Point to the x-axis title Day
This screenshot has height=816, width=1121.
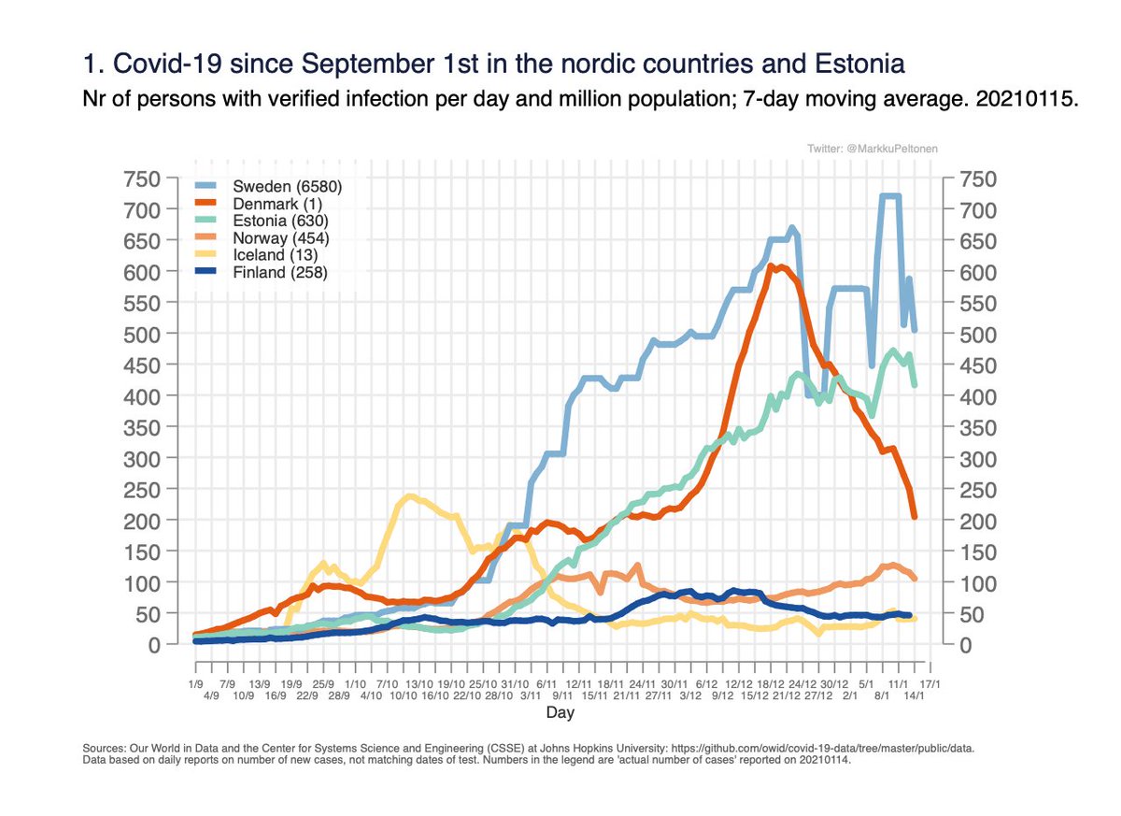[560, 713]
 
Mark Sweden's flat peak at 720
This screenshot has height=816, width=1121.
[889, 196]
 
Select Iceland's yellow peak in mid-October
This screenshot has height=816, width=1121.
[409, 496]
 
